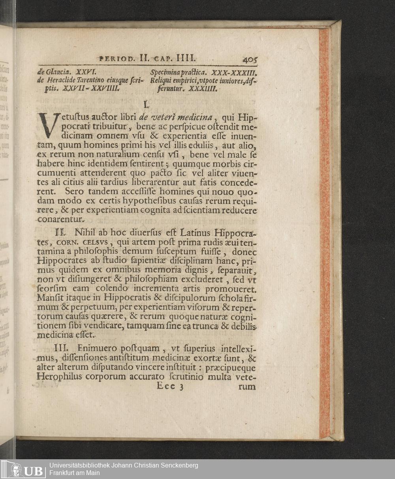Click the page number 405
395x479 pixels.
coord(250,60)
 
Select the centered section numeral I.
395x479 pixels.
coord(145,105)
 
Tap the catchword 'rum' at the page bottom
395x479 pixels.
coord(247,387)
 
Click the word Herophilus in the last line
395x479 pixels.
coord(58,377)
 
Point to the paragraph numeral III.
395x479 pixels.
coord(61,349)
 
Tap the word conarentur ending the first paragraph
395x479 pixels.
coord(60,219)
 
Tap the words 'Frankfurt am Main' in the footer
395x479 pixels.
coord(75,473)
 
